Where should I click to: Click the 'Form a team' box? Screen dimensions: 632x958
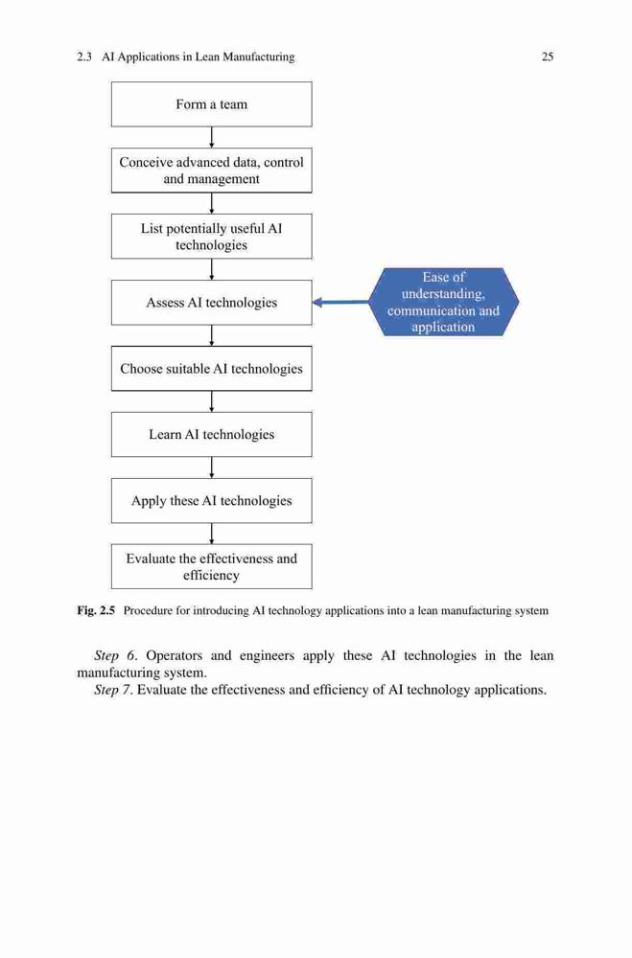coord(211,104)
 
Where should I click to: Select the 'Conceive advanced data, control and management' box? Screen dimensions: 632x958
coord(211,171)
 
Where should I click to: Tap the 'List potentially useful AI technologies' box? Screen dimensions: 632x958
coord(211,237)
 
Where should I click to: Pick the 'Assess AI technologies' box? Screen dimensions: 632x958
coord(211,303)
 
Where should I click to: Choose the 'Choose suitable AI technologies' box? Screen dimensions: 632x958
coord(211,369)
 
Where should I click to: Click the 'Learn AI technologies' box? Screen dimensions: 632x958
coord(211,434)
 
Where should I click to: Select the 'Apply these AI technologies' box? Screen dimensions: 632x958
coord(211,500)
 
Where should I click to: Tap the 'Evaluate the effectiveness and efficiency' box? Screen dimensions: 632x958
coord(211,566)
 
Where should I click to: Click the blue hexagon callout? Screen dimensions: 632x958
coord(444,302)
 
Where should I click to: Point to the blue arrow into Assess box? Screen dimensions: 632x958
coord(340,302)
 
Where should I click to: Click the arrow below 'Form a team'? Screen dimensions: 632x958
coord(212,137)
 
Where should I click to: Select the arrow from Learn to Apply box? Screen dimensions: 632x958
coord(212,468)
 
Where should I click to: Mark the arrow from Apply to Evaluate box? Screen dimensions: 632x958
coord(212,534)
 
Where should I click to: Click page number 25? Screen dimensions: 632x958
coord(548,57)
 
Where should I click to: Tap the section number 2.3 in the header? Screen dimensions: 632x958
coord(84,57)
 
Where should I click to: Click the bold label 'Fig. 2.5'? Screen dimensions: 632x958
coord(96,610)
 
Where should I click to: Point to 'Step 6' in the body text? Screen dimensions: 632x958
coord(114,656)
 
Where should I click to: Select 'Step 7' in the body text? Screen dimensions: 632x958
coord(114,691)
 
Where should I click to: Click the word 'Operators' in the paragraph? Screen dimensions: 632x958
coord(174,656)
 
